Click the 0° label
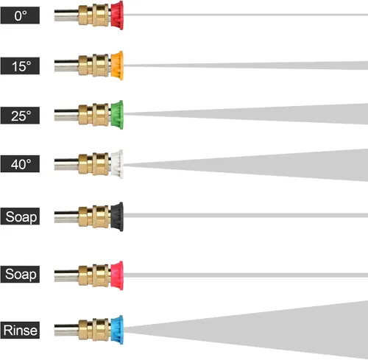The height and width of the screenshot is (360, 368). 20,15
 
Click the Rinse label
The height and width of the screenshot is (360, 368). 20,330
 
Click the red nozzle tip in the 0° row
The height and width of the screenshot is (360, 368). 117,15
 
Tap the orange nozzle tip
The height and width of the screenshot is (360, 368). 117,66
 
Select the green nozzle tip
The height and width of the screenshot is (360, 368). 117,115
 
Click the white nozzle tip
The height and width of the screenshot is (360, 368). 117,164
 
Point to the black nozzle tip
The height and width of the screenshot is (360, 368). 117,216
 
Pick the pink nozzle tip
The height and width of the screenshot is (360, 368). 117,275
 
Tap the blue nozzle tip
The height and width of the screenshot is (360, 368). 117,330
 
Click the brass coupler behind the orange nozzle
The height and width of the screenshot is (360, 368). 94,66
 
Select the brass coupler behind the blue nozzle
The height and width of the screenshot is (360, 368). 94,330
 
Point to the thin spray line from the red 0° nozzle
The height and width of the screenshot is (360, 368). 246,15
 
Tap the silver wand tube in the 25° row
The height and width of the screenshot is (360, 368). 66,115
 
